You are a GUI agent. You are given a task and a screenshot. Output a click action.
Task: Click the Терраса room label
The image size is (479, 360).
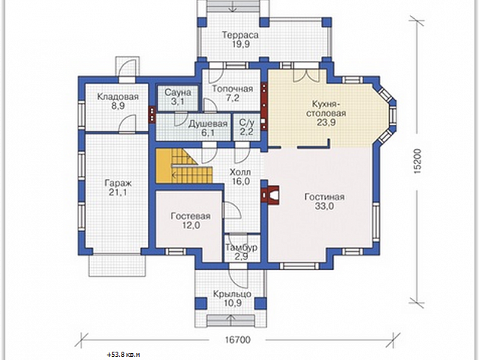click(240, 35)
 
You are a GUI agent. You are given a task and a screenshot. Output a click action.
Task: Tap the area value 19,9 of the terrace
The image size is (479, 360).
click(240, 44)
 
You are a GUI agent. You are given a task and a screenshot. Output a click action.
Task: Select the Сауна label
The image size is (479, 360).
click(178, 92)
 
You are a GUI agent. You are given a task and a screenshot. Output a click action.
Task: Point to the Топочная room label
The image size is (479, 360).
click(233, 88)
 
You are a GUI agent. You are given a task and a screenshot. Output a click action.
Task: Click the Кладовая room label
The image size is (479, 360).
click(118, 97)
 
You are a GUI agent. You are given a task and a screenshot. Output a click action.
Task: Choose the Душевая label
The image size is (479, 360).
click(208, 123)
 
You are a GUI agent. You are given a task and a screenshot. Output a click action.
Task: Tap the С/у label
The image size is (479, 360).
click(246, 123)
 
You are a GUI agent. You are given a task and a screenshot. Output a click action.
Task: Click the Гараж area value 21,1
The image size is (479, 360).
click(118, 193)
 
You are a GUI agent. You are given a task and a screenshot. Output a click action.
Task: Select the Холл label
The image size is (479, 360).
click(240, 172)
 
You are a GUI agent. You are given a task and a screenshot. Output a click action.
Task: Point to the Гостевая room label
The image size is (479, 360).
click(190, 216)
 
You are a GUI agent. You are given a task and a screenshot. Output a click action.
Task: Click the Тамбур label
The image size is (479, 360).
click(241, 247)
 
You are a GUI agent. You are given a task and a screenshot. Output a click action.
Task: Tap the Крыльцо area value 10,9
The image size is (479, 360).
click(232, 303)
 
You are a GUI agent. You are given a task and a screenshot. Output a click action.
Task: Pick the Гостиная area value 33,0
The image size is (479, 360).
click(324, 206)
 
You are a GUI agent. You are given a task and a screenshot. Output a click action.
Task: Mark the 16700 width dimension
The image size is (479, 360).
click(238, 340)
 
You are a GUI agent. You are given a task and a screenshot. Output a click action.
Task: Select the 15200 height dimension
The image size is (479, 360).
click(418, 162)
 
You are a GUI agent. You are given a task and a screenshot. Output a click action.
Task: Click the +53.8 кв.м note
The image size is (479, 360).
click(123, 355)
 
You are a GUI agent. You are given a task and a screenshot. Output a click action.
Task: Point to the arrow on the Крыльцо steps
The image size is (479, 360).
click(231, 321)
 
